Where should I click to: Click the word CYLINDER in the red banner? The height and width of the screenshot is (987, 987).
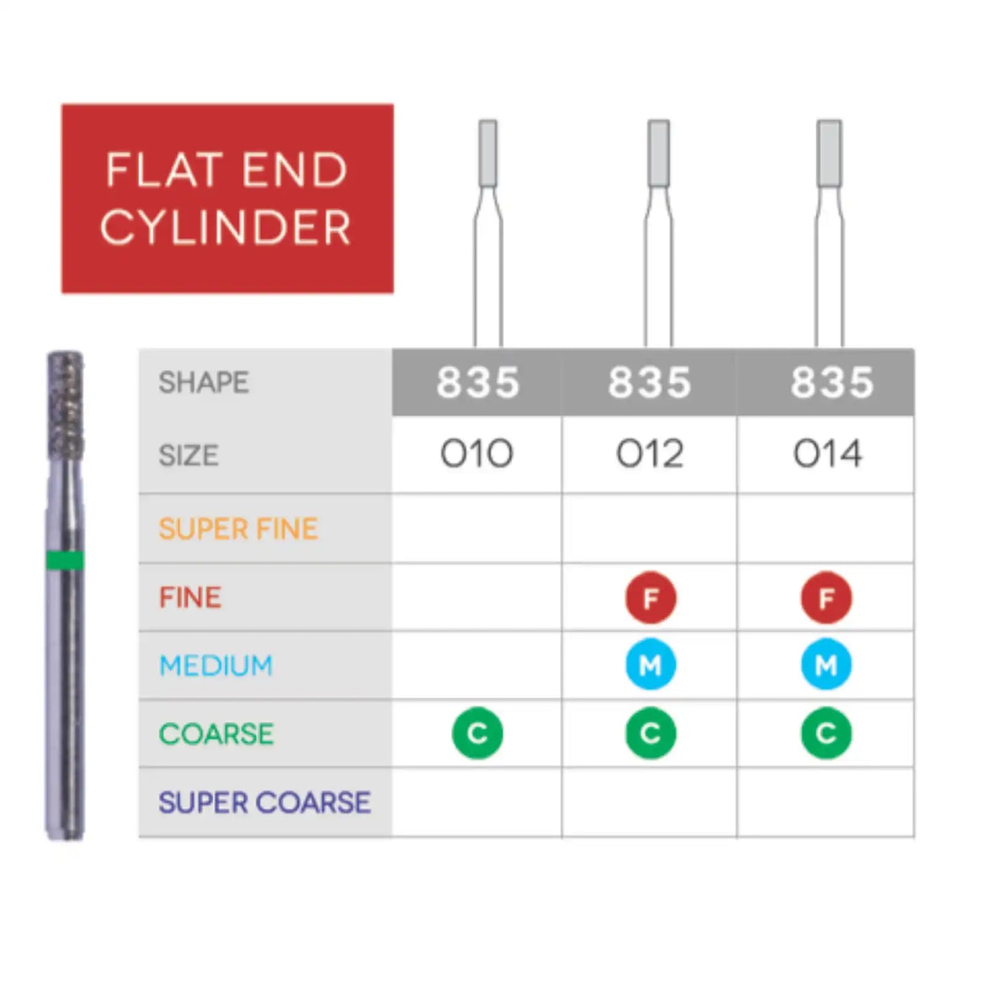(226, 226)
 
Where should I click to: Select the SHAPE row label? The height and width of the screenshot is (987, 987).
(204, 382)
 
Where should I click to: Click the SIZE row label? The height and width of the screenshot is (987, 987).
(189, 455)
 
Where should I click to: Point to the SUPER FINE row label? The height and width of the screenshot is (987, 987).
(238, 529)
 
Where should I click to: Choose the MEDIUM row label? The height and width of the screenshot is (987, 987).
(216, 665)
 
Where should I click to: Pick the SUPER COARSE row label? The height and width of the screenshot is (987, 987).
(264, 802)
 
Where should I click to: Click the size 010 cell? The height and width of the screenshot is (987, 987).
(476, 454)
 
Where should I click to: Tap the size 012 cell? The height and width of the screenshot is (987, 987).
(650, 454)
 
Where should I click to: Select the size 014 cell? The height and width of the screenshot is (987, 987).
(827, 454)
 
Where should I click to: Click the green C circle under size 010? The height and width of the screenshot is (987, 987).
(477, 733)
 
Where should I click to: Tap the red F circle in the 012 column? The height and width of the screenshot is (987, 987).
(650, 597)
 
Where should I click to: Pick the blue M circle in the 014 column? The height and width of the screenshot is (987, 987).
(826, 665)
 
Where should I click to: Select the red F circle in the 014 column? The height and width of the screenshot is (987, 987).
(826, 597)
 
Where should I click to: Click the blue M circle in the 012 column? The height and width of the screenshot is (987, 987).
(650, 665)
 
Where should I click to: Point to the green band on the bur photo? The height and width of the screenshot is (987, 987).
(64, 560)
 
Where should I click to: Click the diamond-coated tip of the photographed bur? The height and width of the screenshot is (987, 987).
(65, 404)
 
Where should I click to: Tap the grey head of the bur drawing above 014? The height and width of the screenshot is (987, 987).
(829, 153)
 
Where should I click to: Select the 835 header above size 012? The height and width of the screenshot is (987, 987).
(650, 382)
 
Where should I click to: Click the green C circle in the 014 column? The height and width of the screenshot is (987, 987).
(826, 733)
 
